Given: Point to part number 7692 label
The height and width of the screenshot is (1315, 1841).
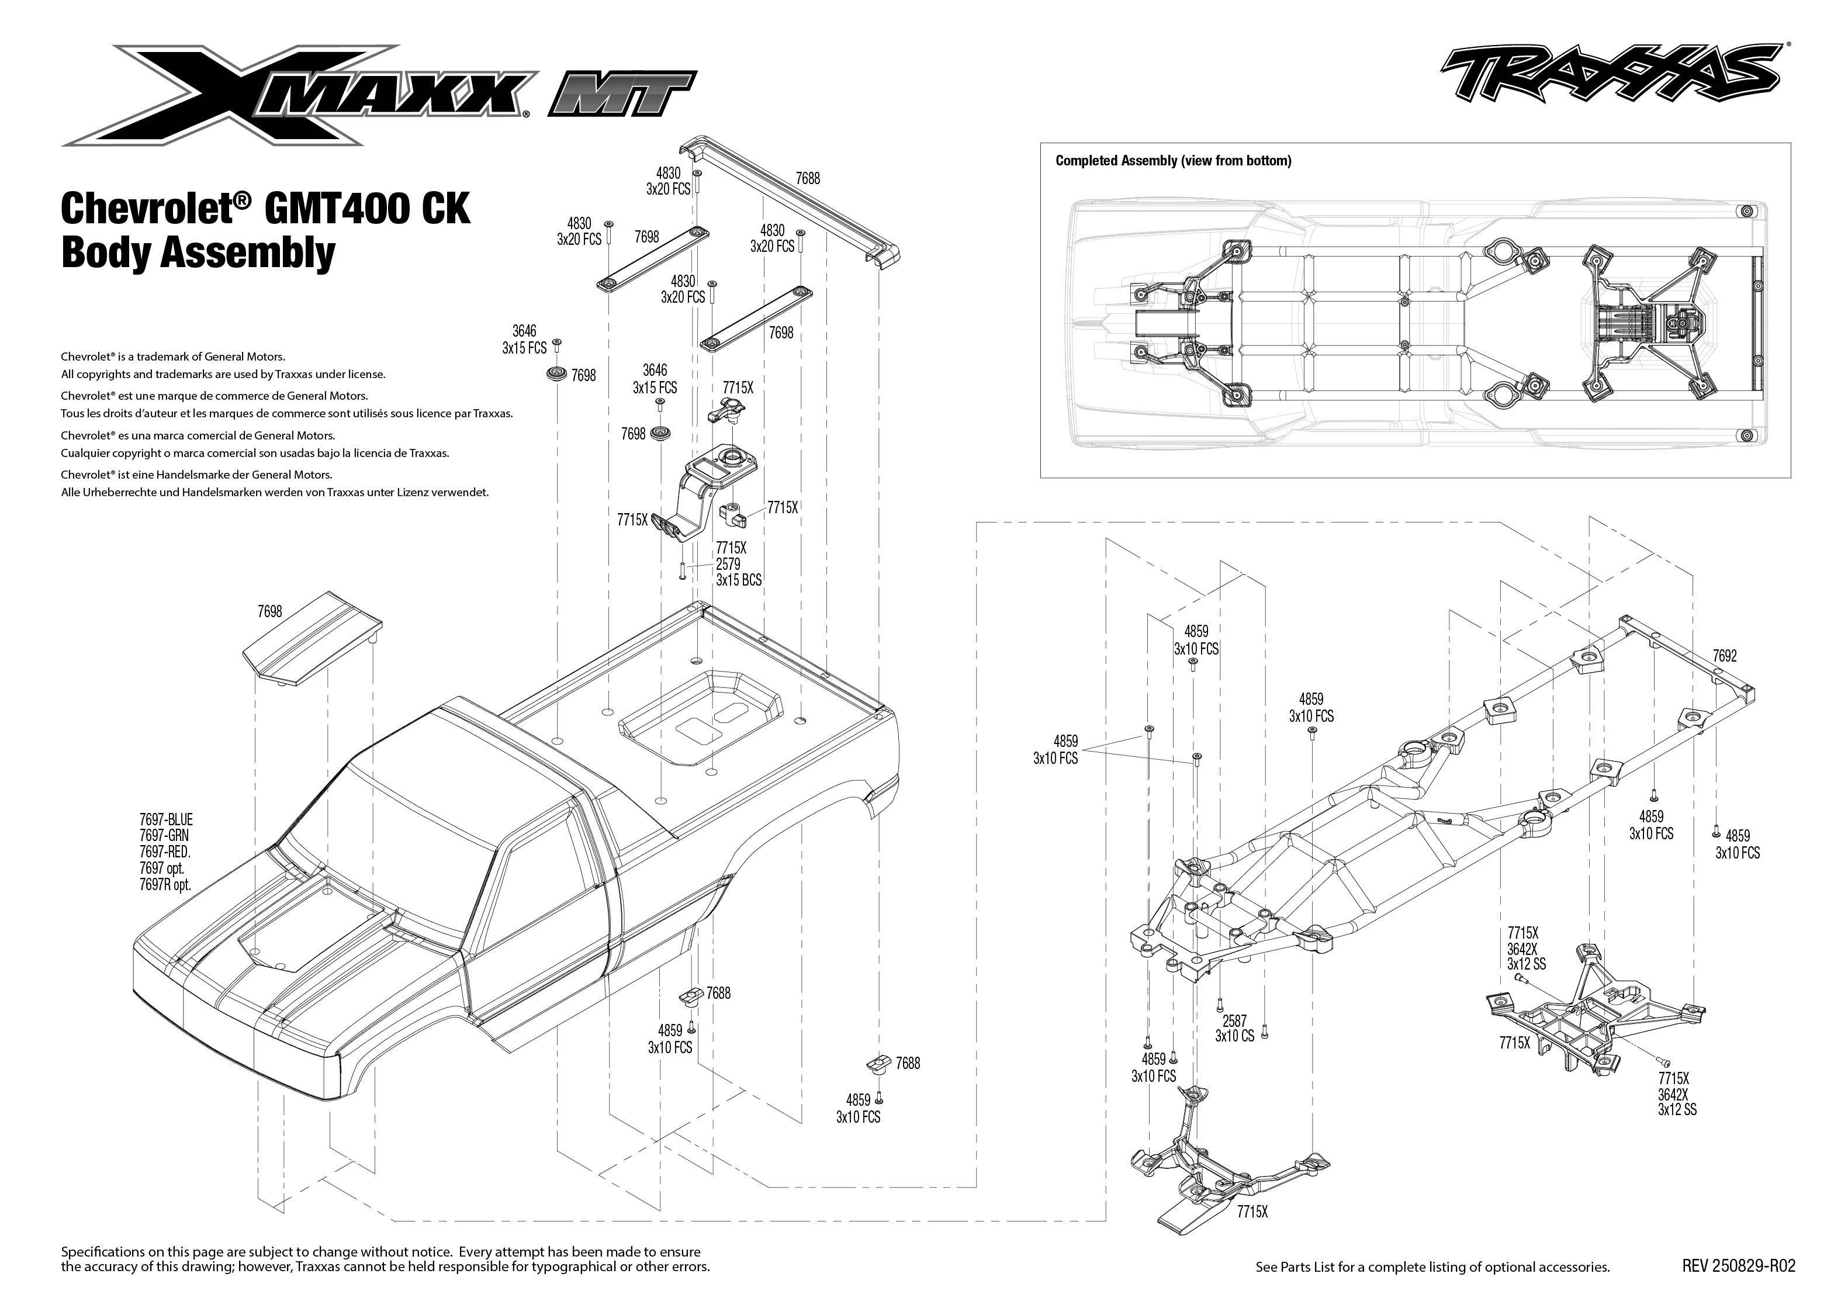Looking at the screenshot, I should point(1725,656).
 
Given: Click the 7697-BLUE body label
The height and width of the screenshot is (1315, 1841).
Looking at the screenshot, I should point(166,820).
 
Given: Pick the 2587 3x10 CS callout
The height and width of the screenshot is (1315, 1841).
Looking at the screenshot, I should point(1234,1029).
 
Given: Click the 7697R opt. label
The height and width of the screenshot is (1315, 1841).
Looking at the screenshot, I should point(166,885).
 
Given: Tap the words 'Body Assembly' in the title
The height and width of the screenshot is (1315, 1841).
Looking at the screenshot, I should point(198,252).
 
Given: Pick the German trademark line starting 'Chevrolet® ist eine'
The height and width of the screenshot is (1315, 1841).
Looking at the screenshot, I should point(197,475).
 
